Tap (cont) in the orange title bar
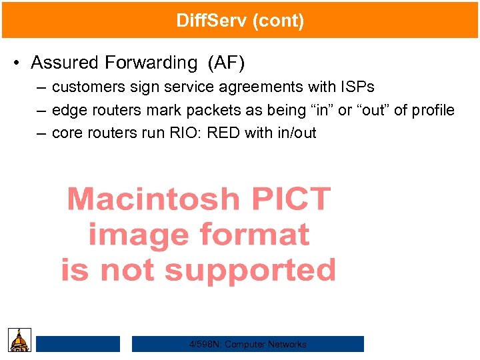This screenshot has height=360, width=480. pos(278,21)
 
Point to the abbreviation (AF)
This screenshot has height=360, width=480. pos(227,63)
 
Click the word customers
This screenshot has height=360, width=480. pos(87,87)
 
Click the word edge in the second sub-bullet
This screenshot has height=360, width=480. pos(67,110)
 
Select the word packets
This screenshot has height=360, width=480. pos(213,110)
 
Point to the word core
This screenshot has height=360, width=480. pos(67,133)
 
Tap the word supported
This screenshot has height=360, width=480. pos(250,270)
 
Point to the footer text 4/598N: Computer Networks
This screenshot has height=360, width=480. pos(248,345)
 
